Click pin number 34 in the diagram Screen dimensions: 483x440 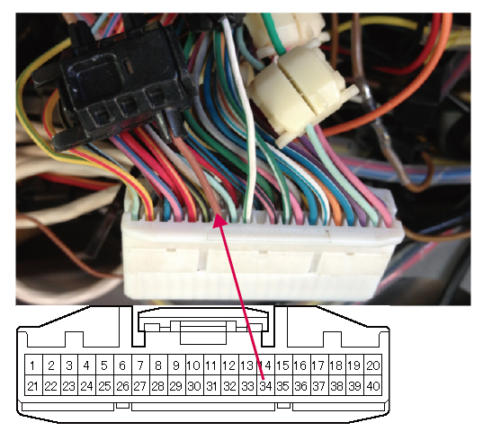tap(266, 385)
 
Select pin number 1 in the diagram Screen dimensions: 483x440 tap(33, 365)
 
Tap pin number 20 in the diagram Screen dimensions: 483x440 tap(372, 365)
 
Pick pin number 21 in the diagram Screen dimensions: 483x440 tap(33, 385)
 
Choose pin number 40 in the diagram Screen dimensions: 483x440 tap(372, 385)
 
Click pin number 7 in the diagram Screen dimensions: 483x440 tap(140, 365)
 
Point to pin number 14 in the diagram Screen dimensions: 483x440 tap(266, 365)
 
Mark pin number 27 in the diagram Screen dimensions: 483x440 tap(140, 385)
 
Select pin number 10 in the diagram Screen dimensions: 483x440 tap(194, 365)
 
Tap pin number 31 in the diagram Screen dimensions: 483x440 tap(212, 385)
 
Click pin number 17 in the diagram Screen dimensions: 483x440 tap(319, 365)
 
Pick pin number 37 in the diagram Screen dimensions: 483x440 tap(319, 385)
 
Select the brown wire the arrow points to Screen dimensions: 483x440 tap(201, 172)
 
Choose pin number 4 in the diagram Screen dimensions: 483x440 tap(87, 365)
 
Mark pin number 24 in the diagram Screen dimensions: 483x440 tap(87, 385)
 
